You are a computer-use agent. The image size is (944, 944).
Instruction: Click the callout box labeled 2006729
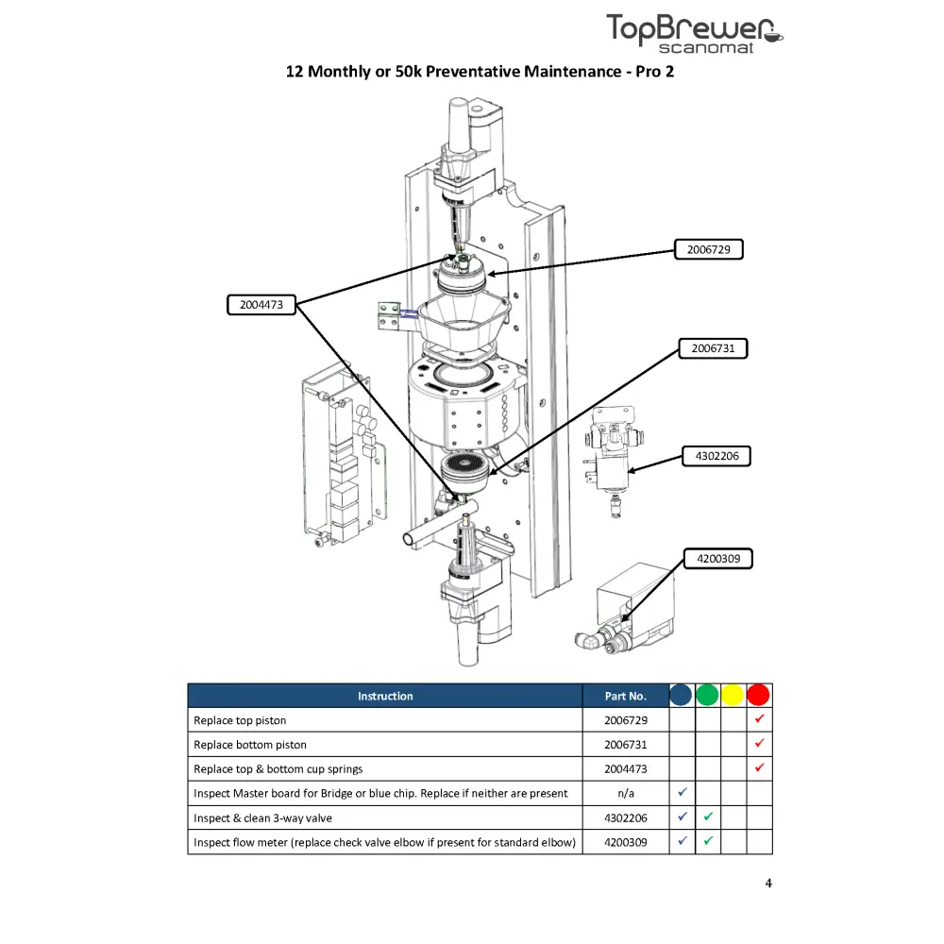click(x=708, y=250)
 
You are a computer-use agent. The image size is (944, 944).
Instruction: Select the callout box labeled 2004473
click(x=261, y=305)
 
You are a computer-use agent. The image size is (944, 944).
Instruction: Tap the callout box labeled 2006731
click(x=713, y=348)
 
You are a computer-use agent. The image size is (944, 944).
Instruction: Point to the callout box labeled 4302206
click(x=716, y=456)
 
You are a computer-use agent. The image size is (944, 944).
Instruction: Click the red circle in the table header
click(x=759, y=696)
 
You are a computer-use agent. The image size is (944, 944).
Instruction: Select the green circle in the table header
click(x=707, y=696)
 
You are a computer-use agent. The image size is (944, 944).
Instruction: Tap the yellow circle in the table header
click(x=733, y=696)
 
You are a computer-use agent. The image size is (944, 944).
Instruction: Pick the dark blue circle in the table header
click(x=682, y=696)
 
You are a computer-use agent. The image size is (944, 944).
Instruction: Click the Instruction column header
click(x=385, y=696)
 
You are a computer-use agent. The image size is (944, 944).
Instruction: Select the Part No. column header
click(x=626, y=696)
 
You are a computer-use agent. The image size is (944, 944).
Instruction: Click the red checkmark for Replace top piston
click(x=759, y=719)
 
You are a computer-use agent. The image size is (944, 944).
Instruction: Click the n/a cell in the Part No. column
click(x=626, y=793)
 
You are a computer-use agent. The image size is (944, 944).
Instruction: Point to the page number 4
click(x=768, y=884)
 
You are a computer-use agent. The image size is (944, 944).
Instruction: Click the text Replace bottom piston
click(x=250, y=745)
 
